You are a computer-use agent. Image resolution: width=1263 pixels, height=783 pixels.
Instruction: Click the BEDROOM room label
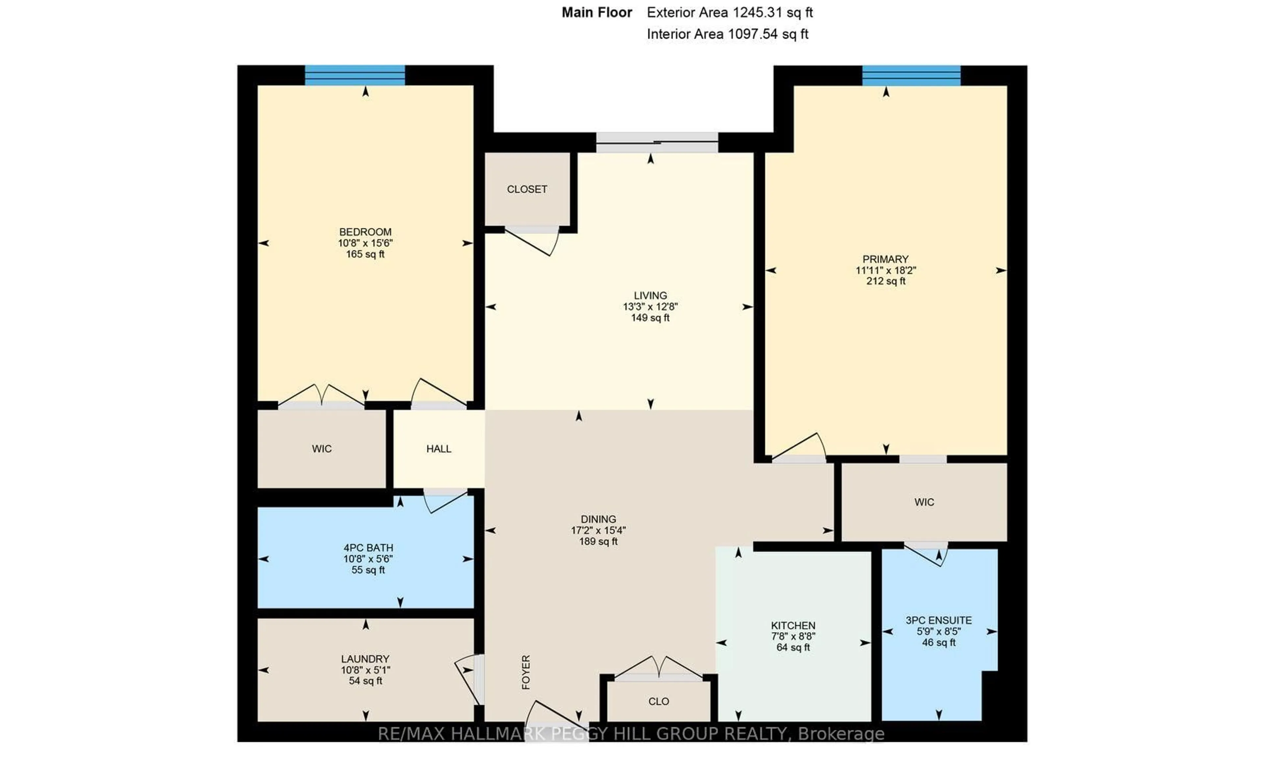click(x=365, y=232)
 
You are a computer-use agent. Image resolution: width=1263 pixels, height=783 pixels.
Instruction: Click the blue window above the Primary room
click(x=911, y=76)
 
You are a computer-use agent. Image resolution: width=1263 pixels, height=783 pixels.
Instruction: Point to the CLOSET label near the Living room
click(x=527, y=189)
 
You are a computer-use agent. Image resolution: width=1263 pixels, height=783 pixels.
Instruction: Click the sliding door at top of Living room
click(x=656, y=142)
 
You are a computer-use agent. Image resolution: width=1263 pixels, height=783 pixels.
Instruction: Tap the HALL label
click(x=439, y=449)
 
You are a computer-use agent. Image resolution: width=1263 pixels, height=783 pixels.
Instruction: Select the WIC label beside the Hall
click(x=322, y=449)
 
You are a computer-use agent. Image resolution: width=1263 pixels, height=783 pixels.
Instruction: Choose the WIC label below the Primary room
click(x=924, y=502)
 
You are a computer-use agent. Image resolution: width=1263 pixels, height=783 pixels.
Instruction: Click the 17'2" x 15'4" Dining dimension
click(x=598, y=530)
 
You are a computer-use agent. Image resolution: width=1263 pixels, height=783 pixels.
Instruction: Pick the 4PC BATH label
click(x=368, y=547)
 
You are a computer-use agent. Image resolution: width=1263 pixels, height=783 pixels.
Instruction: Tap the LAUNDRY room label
click(x=365, y=659)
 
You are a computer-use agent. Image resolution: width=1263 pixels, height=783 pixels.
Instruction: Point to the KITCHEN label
click(x=793, y=625)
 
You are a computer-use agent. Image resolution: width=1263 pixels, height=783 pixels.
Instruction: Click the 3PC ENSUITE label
click(x=938, y=620)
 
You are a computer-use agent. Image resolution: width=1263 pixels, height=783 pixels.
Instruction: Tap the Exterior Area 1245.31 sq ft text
click(x=730, y=12)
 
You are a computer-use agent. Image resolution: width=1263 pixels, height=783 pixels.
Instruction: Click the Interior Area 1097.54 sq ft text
click(x=727, y=34)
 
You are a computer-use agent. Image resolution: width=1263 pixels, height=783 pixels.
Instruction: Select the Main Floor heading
click(x=597, y=12)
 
